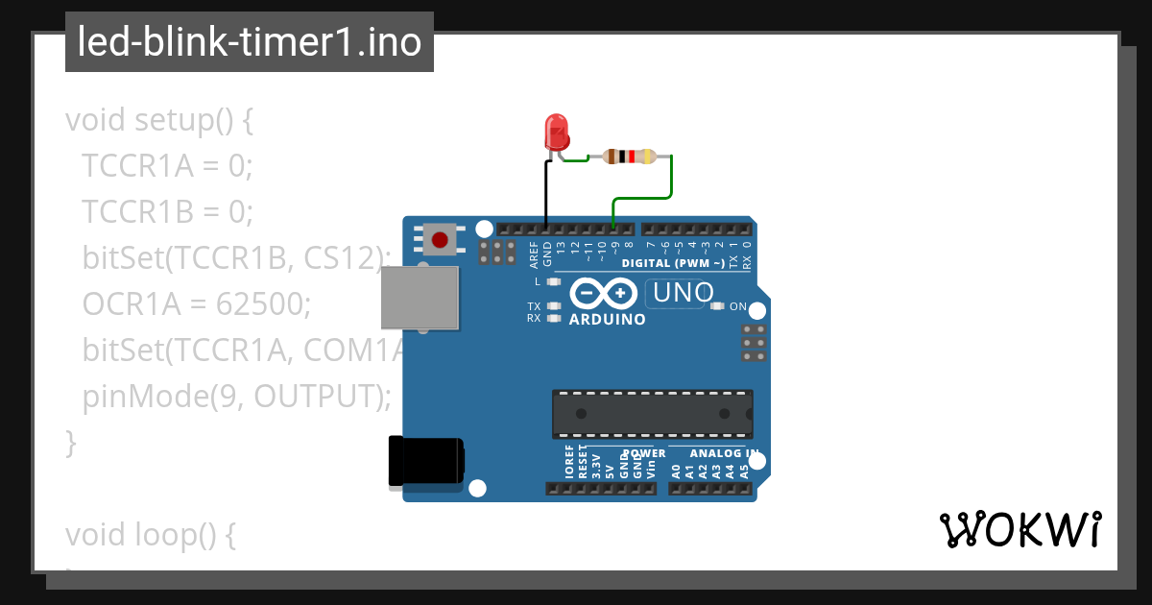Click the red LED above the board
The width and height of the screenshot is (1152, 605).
tap(556, 132)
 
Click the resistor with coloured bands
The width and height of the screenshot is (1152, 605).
tap(629, 157)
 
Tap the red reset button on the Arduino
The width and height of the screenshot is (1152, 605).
tap(441, 239)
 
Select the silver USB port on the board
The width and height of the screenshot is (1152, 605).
tap(420, 297)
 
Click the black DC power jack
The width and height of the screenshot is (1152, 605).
tap(425, 461)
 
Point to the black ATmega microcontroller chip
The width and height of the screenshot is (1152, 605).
tap(652, 413)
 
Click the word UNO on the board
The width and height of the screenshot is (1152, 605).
tap(682, 292)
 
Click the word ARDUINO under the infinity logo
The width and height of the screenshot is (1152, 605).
tap(608, 319)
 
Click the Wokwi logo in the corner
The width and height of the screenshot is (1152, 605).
tap(1020, 529)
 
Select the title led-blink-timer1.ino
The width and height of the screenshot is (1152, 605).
tap(250, 42)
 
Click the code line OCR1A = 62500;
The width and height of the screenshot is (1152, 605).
tap(197, 304)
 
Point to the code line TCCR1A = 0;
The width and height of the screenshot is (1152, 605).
tap(167, 166)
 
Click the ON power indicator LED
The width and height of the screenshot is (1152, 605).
tap(717, 306)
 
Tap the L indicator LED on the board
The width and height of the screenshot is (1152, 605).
tap(553, 282)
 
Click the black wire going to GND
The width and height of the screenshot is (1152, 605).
tap(546, 197)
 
